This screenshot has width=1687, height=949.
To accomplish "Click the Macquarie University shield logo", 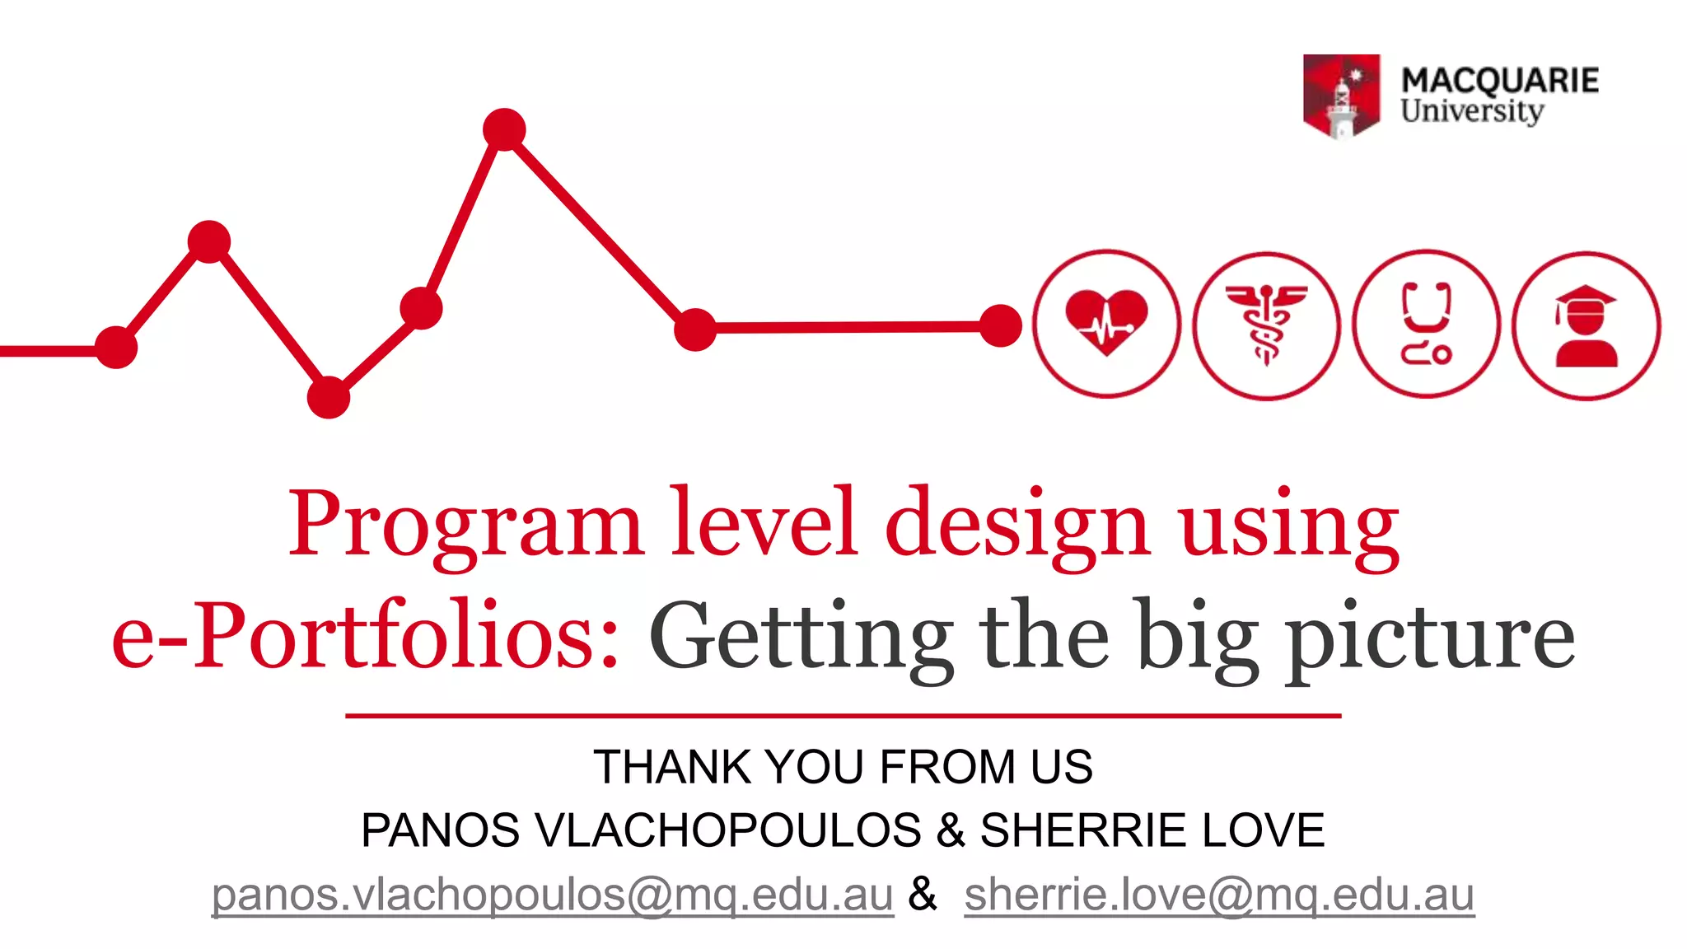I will pyautogui.click(x=1341, y=96).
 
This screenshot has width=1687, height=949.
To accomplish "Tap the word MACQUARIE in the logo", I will pyautogui.click(x=1500, y=81).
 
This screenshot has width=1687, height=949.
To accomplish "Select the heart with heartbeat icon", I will pyautogui.click(x=1106, y=325).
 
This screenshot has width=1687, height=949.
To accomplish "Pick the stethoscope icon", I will pyautogui.click(x=1426, y=325).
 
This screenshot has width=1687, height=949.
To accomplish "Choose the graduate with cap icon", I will pyautogui.click(x=1586, y=325).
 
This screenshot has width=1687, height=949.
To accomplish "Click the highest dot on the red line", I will pyautogui.click(x=504, y=129).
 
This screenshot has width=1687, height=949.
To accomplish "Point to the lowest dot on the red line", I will pyautogui.click(x=329, y=398).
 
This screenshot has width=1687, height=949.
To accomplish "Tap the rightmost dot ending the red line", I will pyautogui.click(x=1001, y=326).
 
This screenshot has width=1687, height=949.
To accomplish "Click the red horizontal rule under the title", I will pyautogui.click(x=843, y=716).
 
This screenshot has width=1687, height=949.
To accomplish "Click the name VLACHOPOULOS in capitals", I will pyautogui.click(x=728, y=830).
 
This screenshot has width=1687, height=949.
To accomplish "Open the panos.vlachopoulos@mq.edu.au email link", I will pyautogui.click(x=553, y=895).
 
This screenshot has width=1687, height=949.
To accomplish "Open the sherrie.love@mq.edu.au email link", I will pyautogui.click(x=1219, y=895).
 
